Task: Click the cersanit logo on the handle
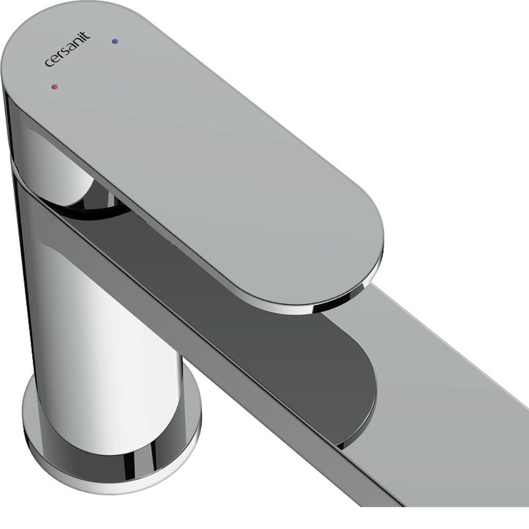68,49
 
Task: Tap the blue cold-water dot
115,41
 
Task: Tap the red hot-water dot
54,87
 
